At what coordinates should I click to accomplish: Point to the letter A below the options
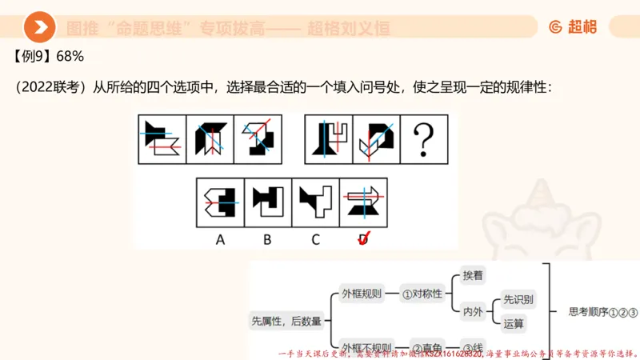click(219, 238)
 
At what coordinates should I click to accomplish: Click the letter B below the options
click(267, 238)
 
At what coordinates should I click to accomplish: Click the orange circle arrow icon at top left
click(39, 27)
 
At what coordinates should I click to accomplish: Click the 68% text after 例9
click(70, 57)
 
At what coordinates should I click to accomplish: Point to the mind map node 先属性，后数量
click(286, 321)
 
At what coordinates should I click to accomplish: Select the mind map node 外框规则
click(362, 294)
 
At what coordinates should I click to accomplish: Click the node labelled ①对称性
click(422, 294)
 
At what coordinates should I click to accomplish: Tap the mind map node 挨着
click(473, 275)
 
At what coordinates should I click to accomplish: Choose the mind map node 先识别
click(518, 299)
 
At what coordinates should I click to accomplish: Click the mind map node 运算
click(514, 324)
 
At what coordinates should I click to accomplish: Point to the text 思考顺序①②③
click(602, 312)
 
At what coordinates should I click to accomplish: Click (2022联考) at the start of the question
click(50, 86)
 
